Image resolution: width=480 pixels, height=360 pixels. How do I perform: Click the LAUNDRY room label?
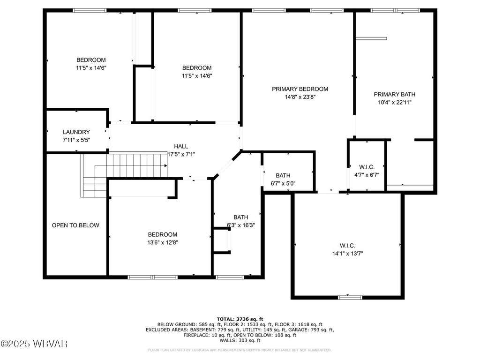(76, 132)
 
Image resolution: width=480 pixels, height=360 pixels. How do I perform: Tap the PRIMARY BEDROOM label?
(300, 89)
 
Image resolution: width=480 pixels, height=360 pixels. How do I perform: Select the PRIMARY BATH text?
(395, 94)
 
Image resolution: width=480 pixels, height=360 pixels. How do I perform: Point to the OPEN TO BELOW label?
(75, 225)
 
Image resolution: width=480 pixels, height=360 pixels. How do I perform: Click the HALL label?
(181, 146)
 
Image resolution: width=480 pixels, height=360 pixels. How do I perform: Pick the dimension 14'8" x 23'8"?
(300, 97)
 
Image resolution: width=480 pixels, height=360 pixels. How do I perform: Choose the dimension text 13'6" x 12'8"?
(163, 242)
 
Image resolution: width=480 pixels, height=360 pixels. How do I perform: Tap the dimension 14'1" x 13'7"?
(347, 254)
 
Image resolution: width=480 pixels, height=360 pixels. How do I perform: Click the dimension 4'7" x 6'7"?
(367, 175)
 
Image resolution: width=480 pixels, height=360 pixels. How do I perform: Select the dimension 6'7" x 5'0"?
(283, 183)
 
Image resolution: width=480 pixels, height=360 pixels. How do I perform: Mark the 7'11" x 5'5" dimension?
(76, 140)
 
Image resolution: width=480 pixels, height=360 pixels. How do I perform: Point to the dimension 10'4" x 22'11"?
(395, 103)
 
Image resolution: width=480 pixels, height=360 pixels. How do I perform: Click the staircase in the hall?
(124, 174)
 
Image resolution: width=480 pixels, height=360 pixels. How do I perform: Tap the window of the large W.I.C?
(350, 297)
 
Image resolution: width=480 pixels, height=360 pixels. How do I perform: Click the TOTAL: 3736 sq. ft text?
(240, 319)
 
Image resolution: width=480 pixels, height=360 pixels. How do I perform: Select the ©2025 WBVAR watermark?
(34, 344)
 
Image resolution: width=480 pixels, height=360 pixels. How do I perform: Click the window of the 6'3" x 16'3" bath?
(230, 277)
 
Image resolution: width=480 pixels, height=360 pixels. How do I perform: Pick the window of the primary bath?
(395, 10)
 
